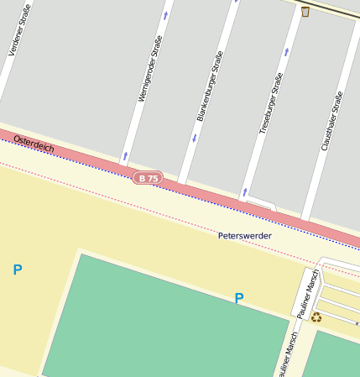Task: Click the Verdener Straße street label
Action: (19, 30)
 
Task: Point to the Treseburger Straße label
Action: (270, 102)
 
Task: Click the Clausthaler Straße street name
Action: (332, 121)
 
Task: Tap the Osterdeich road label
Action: (34, 144)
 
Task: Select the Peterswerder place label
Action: (244, 236)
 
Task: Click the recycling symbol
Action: (316, 317)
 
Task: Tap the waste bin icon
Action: (305, 11)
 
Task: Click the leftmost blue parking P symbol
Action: (18, 270)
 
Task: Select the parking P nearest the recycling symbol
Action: (239, 298)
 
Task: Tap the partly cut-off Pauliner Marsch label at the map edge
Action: (286, 354)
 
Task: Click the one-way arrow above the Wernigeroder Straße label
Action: (165, 14)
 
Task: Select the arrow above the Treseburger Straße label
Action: (287, 51)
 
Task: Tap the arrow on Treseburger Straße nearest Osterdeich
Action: (244, 192)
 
